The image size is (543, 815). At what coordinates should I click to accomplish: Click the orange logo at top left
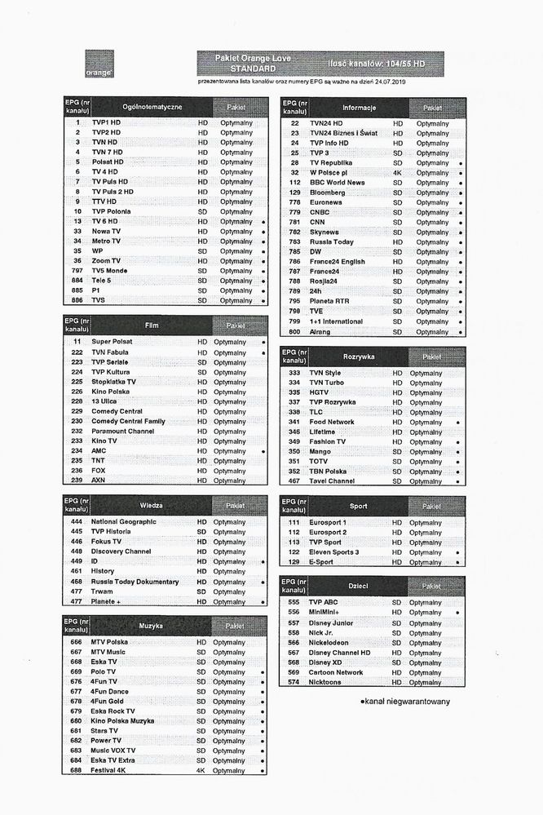pos(99,64)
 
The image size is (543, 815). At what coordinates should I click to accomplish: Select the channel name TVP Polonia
pos(111,211)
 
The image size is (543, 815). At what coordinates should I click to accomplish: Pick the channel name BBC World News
pos(337,183)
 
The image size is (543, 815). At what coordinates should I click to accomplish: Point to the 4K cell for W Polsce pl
pos(398,173)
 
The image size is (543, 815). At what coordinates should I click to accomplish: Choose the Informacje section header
pos(359,107)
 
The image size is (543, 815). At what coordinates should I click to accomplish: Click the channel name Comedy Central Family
pos(128,421)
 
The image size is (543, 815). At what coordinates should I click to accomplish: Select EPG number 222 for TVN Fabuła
pos(77,352)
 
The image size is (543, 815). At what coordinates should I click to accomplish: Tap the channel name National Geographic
pos(123,521)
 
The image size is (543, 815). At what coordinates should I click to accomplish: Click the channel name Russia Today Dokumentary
pos(135,582)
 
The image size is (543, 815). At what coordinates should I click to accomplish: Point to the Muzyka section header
pos(151,626)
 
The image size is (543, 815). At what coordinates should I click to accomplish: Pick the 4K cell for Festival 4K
pos(201,770)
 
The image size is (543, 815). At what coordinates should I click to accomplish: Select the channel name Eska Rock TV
pos(113,711)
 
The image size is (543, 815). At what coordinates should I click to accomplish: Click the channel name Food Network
pos(332,422)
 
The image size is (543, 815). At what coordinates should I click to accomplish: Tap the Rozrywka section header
pos(359,357)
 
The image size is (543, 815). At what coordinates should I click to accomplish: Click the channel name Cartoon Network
pos(336,672)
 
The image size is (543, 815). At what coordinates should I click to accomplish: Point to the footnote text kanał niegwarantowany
pos(406,701)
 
